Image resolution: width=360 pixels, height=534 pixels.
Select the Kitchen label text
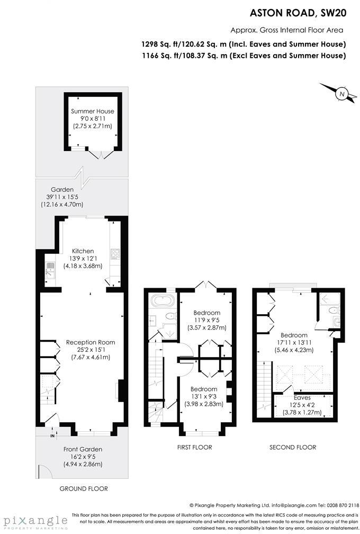tap(83, 251)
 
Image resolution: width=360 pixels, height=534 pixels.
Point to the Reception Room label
tap(91, 342)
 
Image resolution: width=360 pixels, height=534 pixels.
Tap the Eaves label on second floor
tap(302, 397)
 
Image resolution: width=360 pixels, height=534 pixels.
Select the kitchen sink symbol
tap(49, 270)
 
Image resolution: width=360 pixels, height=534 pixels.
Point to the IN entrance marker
tap(52, 436)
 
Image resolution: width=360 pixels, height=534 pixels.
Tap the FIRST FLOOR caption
tap(194, 448)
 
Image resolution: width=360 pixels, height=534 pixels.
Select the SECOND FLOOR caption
tap(293, 448)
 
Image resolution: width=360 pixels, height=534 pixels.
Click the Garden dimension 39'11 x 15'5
tap(65, 197)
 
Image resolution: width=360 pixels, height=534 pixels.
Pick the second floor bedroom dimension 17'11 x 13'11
tap(294, 343)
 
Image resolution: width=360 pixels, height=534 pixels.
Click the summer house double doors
tap(100, 154)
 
